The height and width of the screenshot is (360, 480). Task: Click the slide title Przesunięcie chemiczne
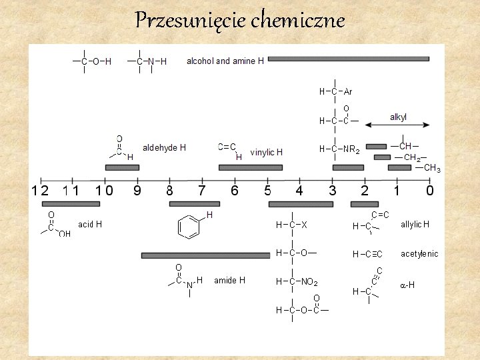240,21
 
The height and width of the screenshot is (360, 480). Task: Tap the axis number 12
40,191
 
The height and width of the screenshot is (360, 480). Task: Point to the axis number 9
137,191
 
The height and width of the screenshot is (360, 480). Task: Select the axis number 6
235,191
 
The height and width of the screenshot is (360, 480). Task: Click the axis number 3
332,191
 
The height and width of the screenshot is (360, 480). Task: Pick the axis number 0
430,191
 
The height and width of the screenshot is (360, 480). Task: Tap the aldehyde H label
165,147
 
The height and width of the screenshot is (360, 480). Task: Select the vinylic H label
267,153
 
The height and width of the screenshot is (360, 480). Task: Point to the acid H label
90,225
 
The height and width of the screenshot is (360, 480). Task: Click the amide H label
229,281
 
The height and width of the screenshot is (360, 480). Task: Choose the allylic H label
415,225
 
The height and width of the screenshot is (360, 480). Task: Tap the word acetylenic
419,254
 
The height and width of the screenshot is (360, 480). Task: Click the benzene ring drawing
189,227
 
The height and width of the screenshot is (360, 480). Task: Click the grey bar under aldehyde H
122,167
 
